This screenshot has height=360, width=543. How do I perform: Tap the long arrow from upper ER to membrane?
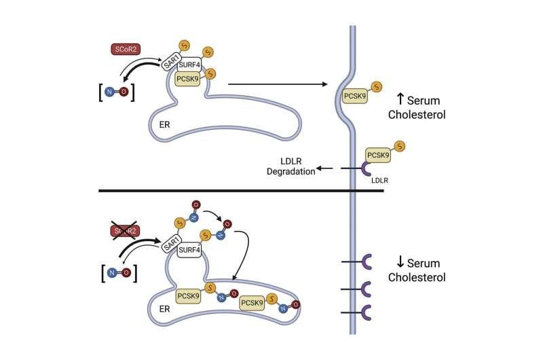pos(279,85)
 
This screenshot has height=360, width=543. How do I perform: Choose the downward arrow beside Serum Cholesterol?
pos(400,264)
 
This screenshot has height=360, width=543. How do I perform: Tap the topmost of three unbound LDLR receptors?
pos(366,262)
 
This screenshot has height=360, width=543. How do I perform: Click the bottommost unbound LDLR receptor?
pos(366,312)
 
